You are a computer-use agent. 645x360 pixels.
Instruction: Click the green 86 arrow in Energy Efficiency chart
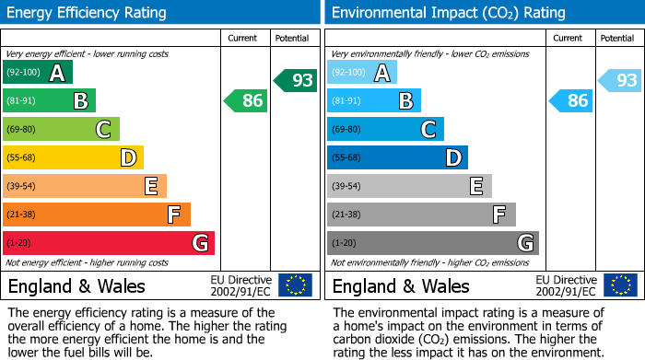click(246, 100)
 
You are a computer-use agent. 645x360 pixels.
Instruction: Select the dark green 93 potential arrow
click(296, 80)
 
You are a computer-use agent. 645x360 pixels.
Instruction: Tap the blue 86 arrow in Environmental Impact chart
click(570, 100)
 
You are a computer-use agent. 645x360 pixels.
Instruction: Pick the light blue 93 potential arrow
click(620, 80)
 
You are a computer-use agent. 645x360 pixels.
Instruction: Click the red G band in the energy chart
click(109, 243)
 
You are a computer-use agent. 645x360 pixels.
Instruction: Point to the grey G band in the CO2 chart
click(432, 243)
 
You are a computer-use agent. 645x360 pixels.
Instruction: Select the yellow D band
click(73, 157)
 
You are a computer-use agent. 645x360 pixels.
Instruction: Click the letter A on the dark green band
click(57, 73)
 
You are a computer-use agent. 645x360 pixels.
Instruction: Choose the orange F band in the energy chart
click(97, 215)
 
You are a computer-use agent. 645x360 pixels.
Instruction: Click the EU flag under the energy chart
click(295, 285)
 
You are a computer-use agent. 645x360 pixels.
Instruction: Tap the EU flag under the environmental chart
click(620, 285)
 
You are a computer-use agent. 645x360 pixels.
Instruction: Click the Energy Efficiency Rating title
click(88, 13)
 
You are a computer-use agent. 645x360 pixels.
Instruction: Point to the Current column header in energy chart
click(242, 38)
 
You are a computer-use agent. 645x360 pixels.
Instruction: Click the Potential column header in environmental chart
click(617, 38)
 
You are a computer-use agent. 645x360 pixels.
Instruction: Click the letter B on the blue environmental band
click(405, 101)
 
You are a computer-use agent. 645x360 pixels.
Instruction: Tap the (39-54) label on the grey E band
click(346, 187)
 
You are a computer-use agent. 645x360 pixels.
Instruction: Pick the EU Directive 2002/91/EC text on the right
click(566, 285)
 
